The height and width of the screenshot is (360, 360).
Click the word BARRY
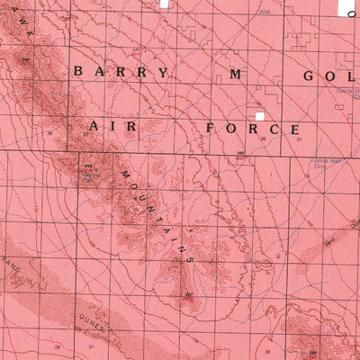[121, 72]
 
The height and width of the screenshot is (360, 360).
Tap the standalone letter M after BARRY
[236, 74]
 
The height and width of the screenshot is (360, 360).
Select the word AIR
[112, 128]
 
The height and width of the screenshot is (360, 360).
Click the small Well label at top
[265, 12]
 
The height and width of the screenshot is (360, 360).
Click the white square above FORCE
[259, 116]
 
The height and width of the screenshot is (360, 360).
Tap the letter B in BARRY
[78, 71]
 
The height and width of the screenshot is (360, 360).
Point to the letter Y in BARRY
[163, 73]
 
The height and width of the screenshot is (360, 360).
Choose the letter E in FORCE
[294, 130]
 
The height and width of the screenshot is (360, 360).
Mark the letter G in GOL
[309, 75]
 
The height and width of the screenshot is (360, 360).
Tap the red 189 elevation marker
[240, 155]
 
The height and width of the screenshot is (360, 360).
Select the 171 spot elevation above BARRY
[137, 49]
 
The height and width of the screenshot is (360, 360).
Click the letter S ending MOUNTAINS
[191, 257]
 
